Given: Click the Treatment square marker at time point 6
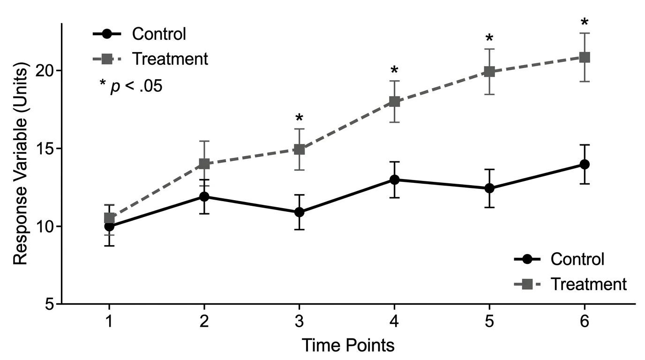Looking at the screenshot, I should click(584, 57).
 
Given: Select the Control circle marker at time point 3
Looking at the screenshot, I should click(299, 212).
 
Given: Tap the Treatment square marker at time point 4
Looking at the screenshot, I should click(394, 102).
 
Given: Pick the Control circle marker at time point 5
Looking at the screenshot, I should click(489, 188).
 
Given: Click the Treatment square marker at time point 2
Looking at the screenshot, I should click(204, 164).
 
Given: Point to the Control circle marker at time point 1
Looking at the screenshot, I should click(109, 226).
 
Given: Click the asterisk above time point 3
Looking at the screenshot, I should click(299, 118).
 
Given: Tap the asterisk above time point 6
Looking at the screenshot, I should click(584, 22).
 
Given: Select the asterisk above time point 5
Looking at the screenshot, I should click(489, 38).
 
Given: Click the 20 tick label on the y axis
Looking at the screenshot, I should click(45, 71).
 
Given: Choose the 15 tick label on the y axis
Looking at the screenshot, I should click(45, 149).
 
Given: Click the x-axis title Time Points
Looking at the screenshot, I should click(347, 345).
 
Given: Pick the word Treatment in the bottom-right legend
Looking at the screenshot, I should click(588, 284).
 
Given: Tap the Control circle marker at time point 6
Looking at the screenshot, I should click(584, 164).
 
